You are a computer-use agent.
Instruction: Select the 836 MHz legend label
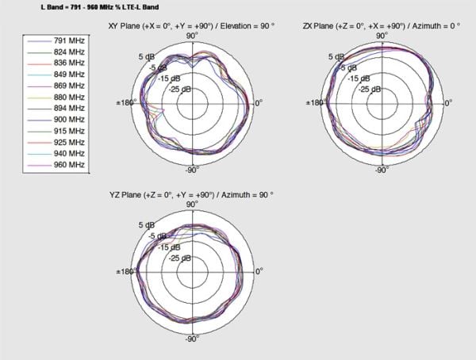pyautogui.click(x=69, y=63)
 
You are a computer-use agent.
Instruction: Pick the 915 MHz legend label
pyautogui.click(x=69, y=131)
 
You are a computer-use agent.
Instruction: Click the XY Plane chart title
pyautogui.click(x=191, y=26)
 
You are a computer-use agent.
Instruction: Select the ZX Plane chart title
pyautogui.click(x=382, y=26)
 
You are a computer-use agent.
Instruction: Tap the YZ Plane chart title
pyautogui.click(x=191, y=195)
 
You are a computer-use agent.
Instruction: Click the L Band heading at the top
pyautogui.click(x=100, y=7)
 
